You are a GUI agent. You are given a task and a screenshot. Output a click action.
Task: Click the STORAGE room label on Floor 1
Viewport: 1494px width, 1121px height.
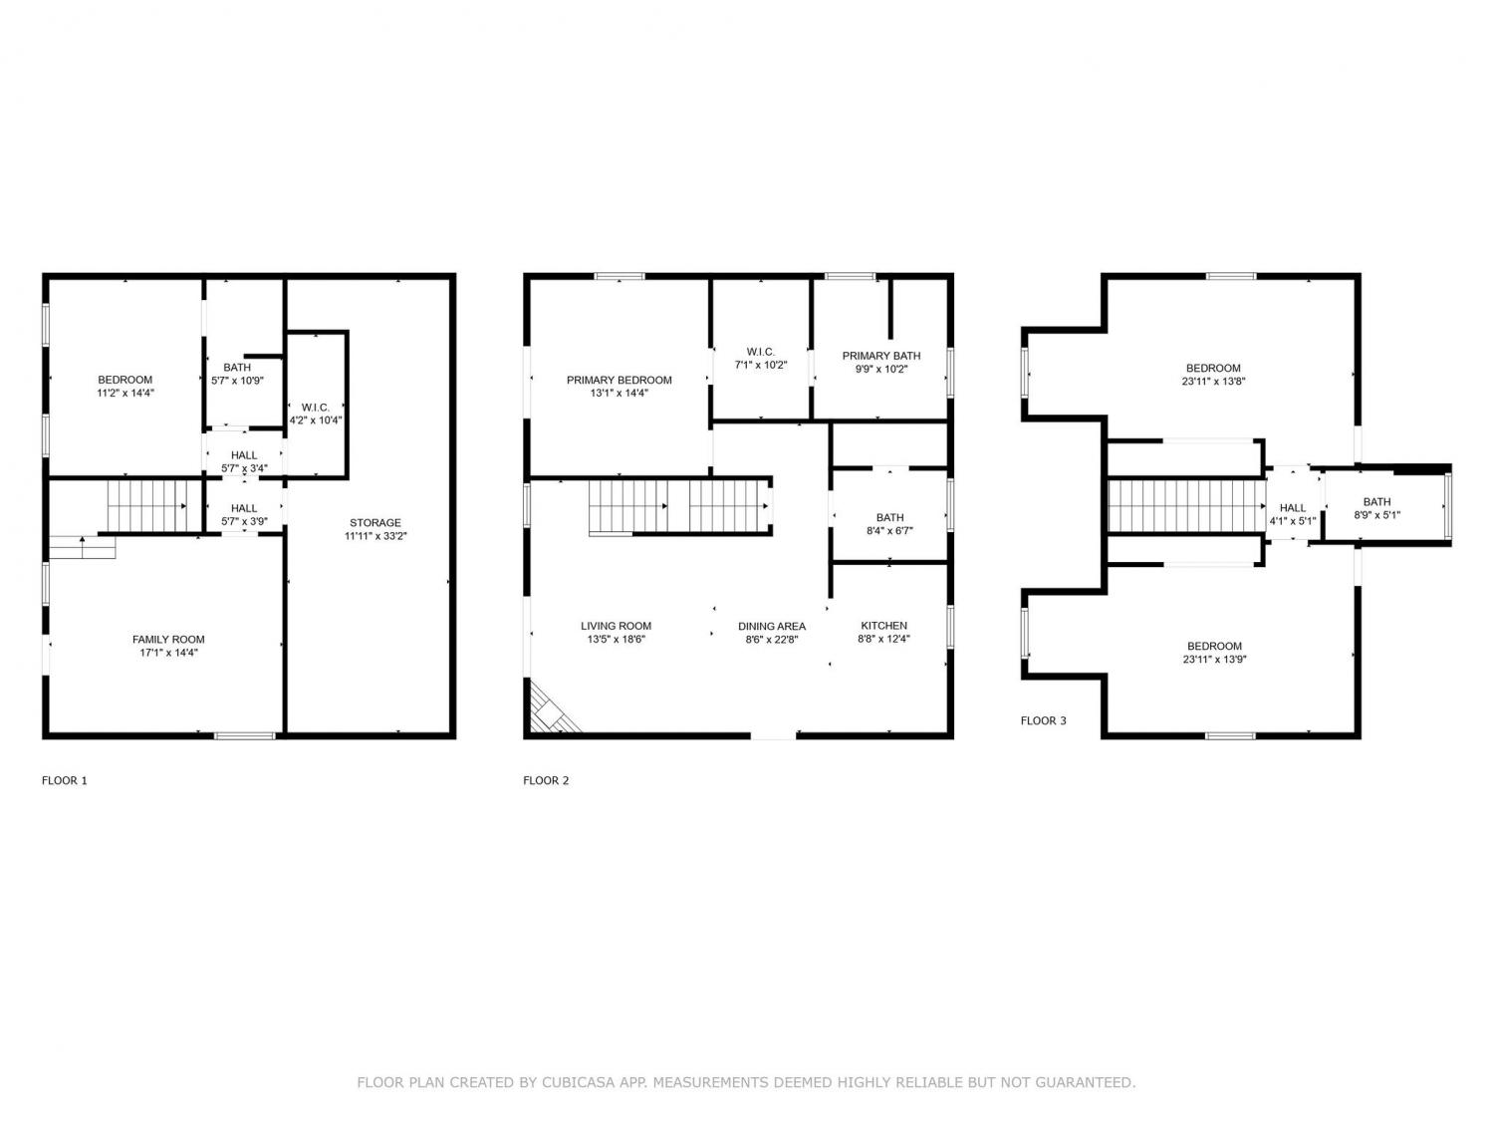375,523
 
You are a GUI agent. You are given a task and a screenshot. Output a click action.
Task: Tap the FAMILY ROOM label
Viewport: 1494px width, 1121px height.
168,639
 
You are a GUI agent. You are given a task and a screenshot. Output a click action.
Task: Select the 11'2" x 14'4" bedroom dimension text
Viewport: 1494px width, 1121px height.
125,393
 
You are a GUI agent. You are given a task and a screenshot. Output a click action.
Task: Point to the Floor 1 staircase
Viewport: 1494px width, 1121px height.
146,506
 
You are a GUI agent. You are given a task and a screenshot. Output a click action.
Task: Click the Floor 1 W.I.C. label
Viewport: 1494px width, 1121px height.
315,407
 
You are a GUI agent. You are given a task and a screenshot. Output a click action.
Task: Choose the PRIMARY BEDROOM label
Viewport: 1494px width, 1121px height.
619,380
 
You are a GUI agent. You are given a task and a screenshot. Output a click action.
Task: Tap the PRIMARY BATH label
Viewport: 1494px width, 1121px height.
880,356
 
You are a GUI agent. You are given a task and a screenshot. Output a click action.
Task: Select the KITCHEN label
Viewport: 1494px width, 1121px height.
883,626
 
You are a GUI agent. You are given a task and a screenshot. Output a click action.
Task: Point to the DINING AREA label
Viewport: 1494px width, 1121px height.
771,626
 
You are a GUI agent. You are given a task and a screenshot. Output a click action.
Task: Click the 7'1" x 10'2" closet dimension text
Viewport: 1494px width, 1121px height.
760,365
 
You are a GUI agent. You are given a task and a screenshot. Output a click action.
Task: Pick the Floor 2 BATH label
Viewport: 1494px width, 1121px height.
889,517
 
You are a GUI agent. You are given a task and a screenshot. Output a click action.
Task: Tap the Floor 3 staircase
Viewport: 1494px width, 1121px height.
1185,506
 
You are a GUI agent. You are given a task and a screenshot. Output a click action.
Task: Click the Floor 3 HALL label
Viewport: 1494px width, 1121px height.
1292,508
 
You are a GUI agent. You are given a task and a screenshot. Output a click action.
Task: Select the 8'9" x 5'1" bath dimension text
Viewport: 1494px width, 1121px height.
1376,515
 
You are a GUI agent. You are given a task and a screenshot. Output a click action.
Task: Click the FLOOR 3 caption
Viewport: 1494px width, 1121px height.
1043,720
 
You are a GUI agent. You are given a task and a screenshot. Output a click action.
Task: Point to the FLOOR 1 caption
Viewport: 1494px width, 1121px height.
65,780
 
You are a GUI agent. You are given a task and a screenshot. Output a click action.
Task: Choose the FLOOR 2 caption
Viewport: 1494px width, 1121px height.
546,780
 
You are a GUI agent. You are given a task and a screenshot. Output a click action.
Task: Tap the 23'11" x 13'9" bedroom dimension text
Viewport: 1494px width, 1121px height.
1214,659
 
